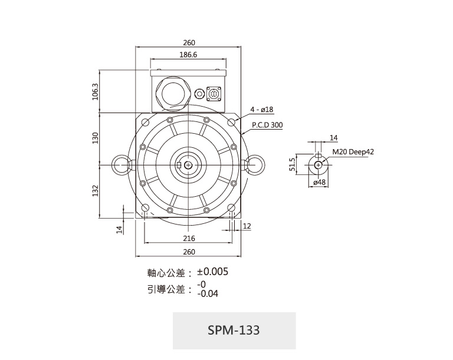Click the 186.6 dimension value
[x=188, y=55]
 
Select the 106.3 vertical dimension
[x=96, y=92]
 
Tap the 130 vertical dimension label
[x=96, y=138]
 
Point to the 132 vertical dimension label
[x=96, y=191]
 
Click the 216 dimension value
[x=189, y=239]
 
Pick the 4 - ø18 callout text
[x=262, y=110]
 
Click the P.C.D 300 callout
[x=267, y=125]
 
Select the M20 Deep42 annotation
[x=353, y=152]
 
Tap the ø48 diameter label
[x=319, y=182]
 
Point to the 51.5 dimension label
[x=293, y=164]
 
